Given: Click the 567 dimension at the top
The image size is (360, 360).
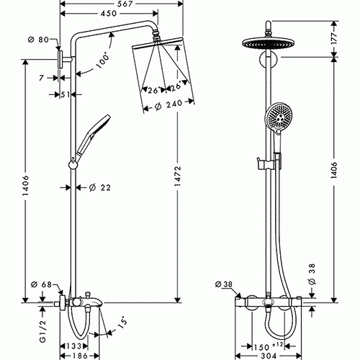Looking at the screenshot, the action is [x=125, y=4].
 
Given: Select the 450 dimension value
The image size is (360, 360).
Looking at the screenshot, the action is [x=109, y=13].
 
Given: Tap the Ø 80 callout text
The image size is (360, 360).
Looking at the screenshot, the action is [x=38, y=40].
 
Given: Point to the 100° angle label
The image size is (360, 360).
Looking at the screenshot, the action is [x=102, y=60].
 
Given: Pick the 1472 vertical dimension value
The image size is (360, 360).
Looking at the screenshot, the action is [x=178, y=176].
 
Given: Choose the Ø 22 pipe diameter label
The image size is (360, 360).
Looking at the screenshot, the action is [x=100, y=187].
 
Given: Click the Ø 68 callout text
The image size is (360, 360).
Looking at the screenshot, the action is [x=41, y=284].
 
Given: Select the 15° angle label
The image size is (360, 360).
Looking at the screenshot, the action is [x=122, y=325].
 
